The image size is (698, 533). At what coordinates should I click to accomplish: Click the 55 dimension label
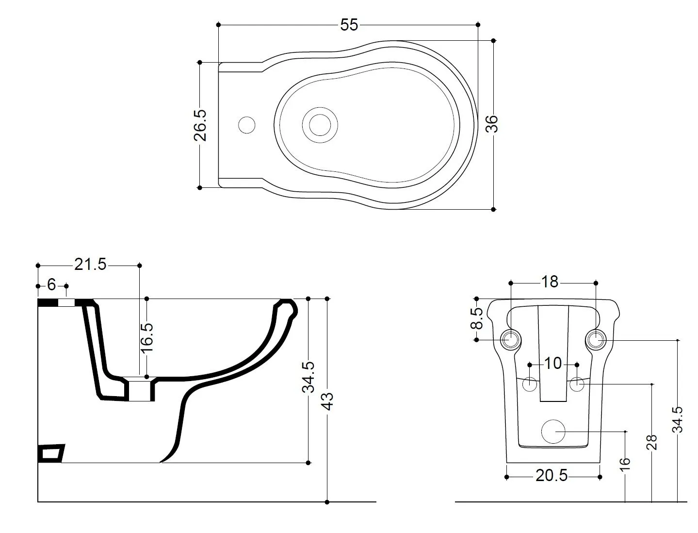[x=349, y=25]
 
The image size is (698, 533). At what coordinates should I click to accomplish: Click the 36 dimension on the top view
[x=493, y=124]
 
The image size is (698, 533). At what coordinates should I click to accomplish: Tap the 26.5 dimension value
[x=200, y=125]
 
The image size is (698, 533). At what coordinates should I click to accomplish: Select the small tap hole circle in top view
[x=247, y=125]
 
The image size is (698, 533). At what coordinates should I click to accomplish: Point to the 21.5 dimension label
[x=90, y=265]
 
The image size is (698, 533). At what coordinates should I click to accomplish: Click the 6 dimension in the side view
[x=51, y=285]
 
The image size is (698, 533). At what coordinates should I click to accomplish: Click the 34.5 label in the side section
[x=309, y=377]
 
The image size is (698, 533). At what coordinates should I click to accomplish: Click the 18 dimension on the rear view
[x=550, y=282]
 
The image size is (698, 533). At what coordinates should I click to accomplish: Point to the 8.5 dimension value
[x=477, y=318]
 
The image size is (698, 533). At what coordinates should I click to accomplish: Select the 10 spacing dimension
[x=553, y=364]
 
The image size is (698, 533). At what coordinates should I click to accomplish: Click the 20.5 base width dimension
[x=552, y=476]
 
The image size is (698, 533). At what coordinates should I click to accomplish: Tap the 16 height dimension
[x=625, y=462]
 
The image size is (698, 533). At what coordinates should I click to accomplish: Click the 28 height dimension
[x=652, y=442]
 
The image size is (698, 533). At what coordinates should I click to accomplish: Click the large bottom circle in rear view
[x=553, y=431]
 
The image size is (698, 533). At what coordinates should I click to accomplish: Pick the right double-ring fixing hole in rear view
[x=596, y=339]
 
